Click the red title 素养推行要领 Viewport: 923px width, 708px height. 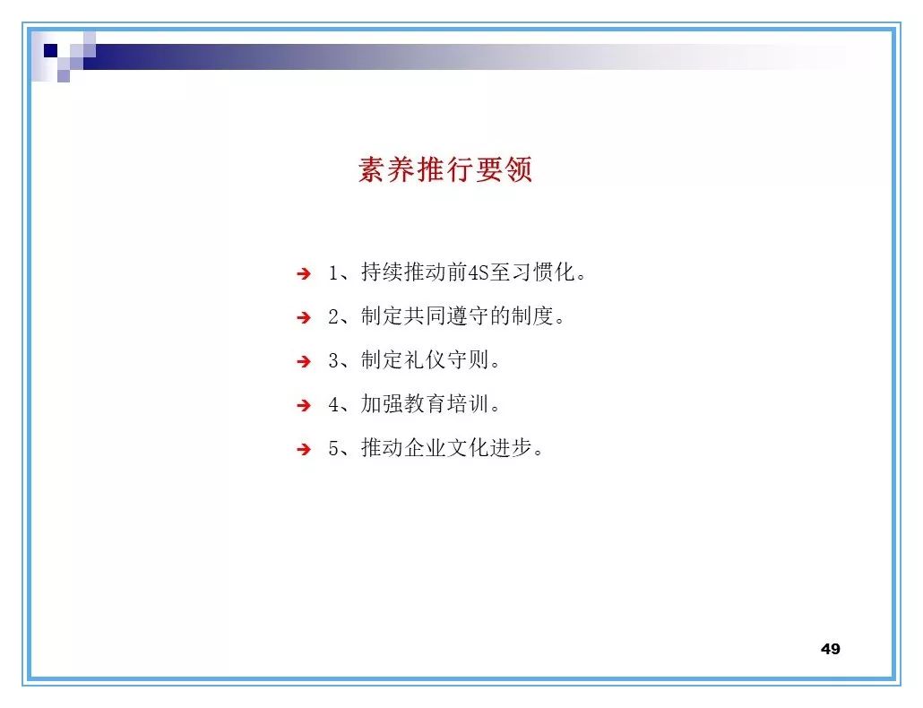[x=445, y=169]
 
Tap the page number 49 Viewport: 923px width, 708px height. [x=830, y=649]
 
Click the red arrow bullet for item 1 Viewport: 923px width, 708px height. [x=304, y=274]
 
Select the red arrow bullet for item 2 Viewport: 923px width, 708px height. [x=304, y=318]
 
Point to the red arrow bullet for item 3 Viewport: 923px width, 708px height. [x=304, y=362]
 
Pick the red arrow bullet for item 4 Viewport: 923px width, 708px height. [x=304, y=406]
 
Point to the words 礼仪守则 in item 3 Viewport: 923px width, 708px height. [x=446, y=361]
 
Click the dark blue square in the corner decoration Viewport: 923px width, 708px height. [x=51, y=50]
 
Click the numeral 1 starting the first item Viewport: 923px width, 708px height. [x=333, y=273]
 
